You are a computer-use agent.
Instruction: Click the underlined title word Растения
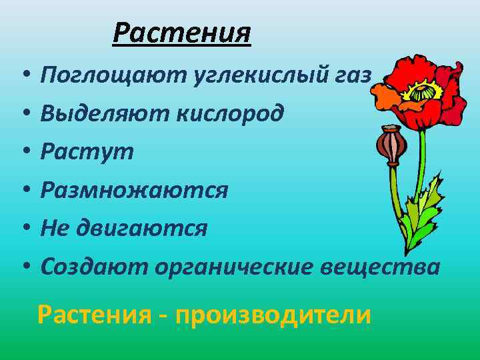coord(181,32)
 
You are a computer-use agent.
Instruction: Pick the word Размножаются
coord(134,191)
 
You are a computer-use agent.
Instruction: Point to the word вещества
coord(381,267)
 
